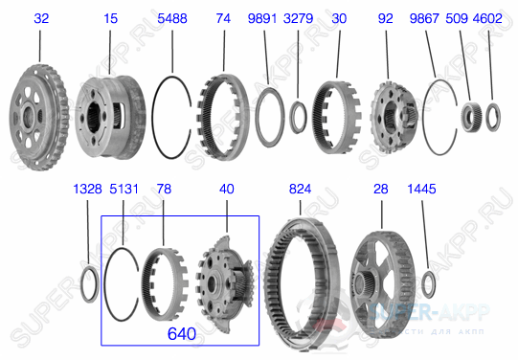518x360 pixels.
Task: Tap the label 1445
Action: point(422,191)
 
